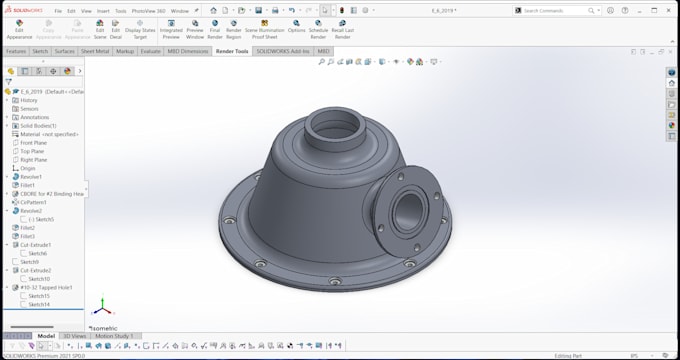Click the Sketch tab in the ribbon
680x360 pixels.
click(40, 51)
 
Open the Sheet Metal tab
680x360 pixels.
click(95, 51)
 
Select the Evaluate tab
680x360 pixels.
click(150, 51)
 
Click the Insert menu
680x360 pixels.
click(104, 11)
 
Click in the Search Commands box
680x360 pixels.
click(560, 11)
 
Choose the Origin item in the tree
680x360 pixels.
click(28, 168)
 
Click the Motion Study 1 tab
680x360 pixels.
click(113, 336)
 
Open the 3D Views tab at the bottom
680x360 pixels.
click(74, 336)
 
